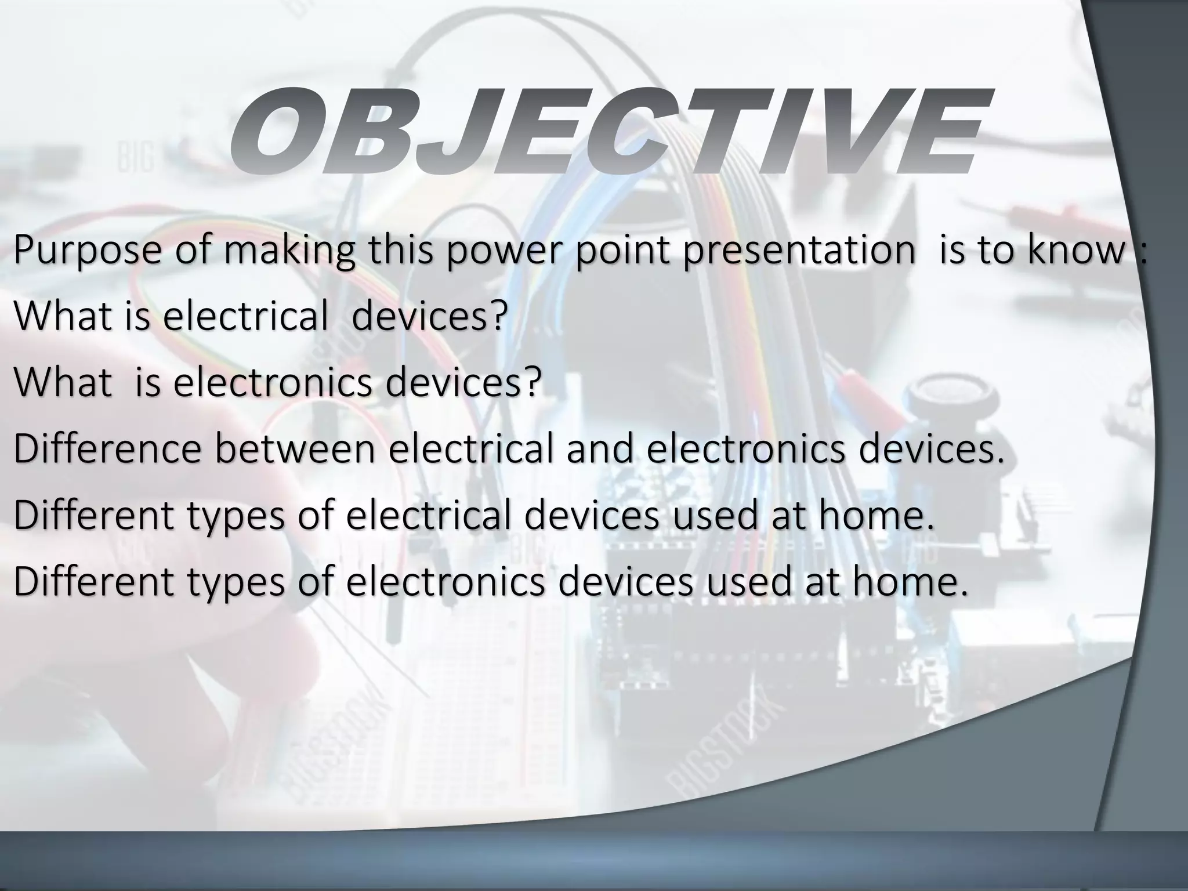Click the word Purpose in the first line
pyautogui.click(x=88, y=251)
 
